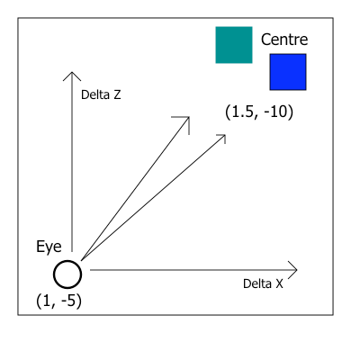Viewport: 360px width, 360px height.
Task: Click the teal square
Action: tap(234, 45)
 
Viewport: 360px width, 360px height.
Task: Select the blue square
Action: tap(288, 72)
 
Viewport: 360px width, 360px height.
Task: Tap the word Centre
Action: tap(284, 40)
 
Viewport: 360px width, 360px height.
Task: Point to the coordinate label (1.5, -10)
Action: tap(259, 112)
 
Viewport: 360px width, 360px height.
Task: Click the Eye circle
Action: tap(67, 261)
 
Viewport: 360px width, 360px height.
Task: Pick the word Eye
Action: tap(49, 247)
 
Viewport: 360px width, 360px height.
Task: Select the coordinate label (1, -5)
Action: tap(58, 301)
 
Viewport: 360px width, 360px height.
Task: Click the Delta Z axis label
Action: tap(101, 94)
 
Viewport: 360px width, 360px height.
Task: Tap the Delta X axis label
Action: tap(263, 283)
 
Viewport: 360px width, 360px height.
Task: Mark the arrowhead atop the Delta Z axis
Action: tap(72, 73)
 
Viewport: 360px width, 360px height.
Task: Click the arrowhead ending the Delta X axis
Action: tap(296, 270)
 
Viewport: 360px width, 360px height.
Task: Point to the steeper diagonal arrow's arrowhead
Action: tap(189, 117)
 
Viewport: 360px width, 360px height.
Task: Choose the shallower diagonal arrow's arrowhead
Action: tap(225, 135)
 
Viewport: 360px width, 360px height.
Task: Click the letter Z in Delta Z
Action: tap(117, 94)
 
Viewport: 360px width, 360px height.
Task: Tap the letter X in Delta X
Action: tap(279, 283)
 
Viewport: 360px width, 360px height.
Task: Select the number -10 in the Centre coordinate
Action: tap(275, 112)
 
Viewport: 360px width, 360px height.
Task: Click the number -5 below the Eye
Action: tap(68, 301)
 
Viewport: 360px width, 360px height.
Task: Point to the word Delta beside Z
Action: tap(95, 94)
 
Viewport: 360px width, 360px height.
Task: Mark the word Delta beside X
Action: tap(257, 283)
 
